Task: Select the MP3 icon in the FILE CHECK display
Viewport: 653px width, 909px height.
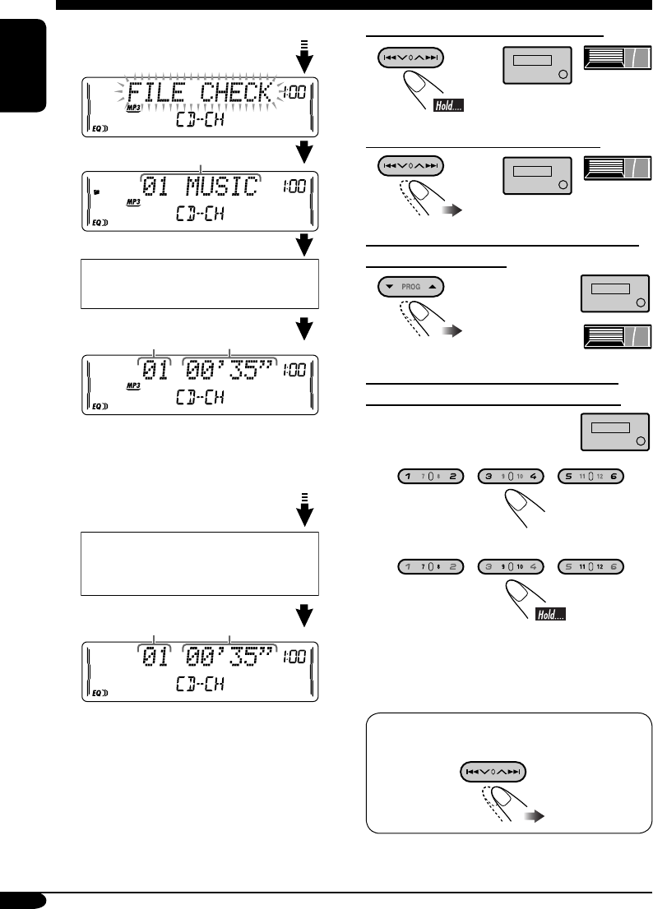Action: point(133,108)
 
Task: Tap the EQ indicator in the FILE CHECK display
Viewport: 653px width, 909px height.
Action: point(96,128)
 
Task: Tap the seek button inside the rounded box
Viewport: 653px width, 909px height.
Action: point(492,773)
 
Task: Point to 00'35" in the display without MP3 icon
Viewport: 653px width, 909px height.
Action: point(230,658)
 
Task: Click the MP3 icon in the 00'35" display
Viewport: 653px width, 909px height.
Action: point(133,385)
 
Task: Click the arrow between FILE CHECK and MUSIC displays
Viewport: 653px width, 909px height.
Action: point(304,151)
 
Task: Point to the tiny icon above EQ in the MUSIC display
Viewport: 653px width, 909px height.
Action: point(96,192)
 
